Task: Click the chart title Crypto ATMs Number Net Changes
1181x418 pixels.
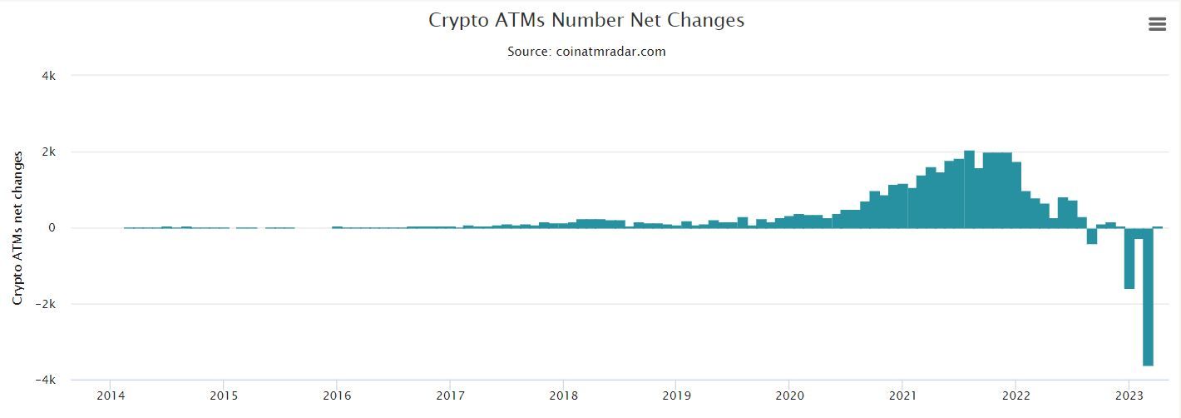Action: click(x=586, y=20)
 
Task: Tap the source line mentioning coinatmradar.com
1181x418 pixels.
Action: click(x=586, y=51)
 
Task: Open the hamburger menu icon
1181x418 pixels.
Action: click(x=1157, y=24)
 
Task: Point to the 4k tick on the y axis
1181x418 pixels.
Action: click(x=49, y=76)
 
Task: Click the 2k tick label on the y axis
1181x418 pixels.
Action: click(x=49, y=152)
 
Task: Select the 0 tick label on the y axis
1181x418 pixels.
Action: click(x=52, y=228)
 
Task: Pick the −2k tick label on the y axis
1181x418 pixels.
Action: click(x=46, y=304)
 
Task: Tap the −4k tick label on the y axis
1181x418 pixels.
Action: click(x=46, y=380)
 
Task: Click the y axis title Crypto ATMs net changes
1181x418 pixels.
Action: click(x=17, y=227)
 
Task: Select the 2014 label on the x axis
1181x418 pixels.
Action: click(x=110, y=395)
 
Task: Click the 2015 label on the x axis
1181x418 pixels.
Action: click(x=223, y=395)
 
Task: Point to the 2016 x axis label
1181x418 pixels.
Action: click(x=336, y=395)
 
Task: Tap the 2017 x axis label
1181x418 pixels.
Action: click(x=450, y=395)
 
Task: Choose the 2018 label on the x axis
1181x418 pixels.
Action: click(x=563, y=395)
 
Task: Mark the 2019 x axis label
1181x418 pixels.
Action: click(x=676, y=395)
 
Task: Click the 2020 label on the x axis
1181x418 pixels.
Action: click(x=789, y=395)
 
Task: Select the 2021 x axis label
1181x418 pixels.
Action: click(x=902, y=395)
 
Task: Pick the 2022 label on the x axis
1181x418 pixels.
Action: click(x=1015, y=395)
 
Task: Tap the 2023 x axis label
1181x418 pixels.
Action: click(x=1129, y=395)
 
